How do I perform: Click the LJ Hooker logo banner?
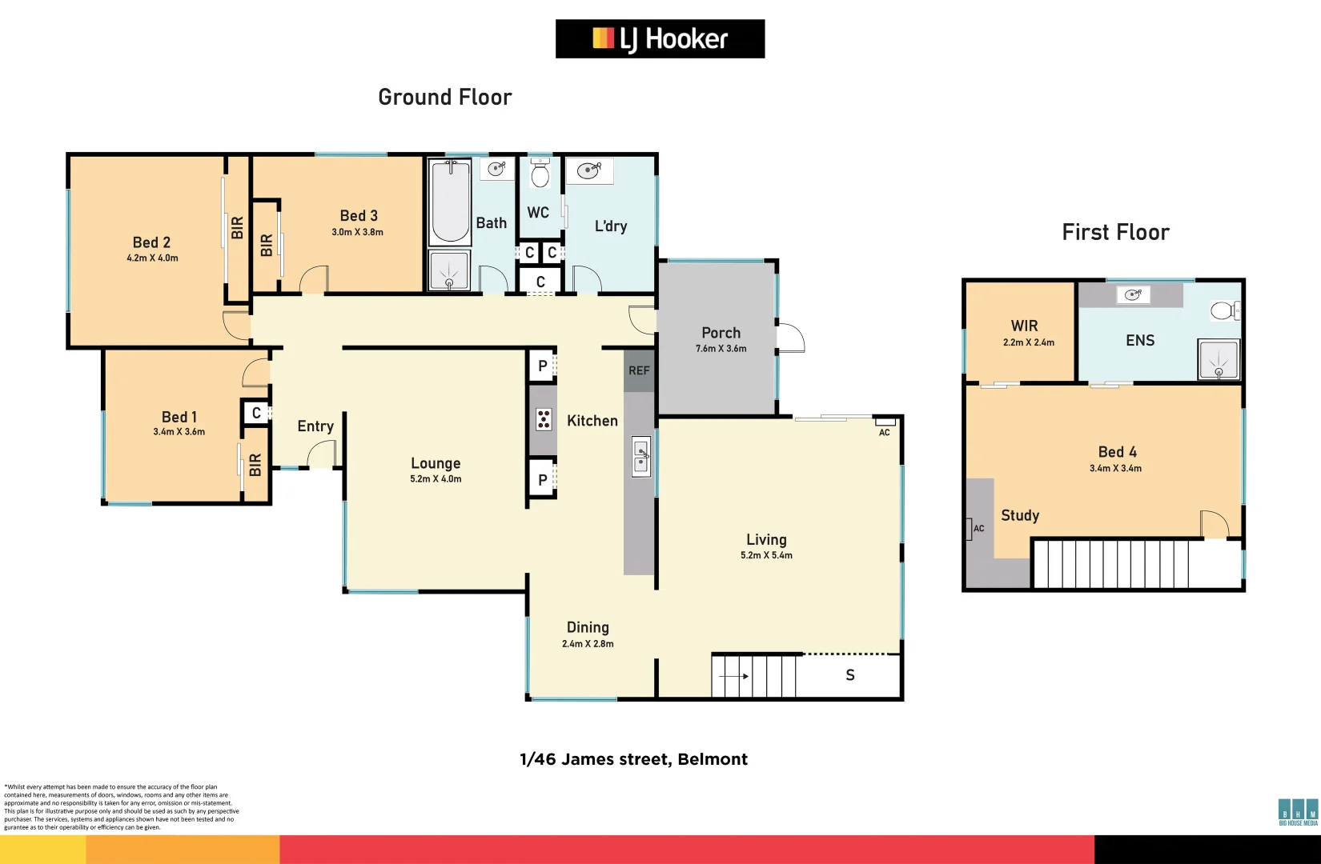tap(660, 38)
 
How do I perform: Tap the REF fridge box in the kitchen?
tap(639, 370)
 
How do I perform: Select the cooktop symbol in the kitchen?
tap(544, 419)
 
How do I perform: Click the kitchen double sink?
tap(641, 457)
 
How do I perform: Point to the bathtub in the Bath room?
tap(450, 202)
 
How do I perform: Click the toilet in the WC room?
tap(540, 174)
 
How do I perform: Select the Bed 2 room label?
tap(151, 242)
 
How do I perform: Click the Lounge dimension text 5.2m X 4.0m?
tap(436, 479)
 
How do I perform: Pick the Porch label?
tap(721, 333)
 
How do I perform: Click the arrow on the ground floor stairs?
tap(733, 676)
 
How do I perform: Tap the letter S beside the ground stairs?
tap(850, 675)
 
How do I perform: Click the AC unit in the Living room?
tap(885, 422)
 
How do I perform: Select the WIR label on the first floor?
tap(1024, 326)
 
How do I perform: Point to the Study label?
tap(1020, 515)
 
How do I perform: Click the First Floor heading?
tap(1115, 232)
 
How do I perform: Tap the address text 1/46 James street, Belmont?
tap(633, 759)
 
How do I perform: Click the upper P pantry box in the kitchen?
tap(543, 366)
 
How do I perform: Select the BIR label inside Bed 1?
tap(255, 465)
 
